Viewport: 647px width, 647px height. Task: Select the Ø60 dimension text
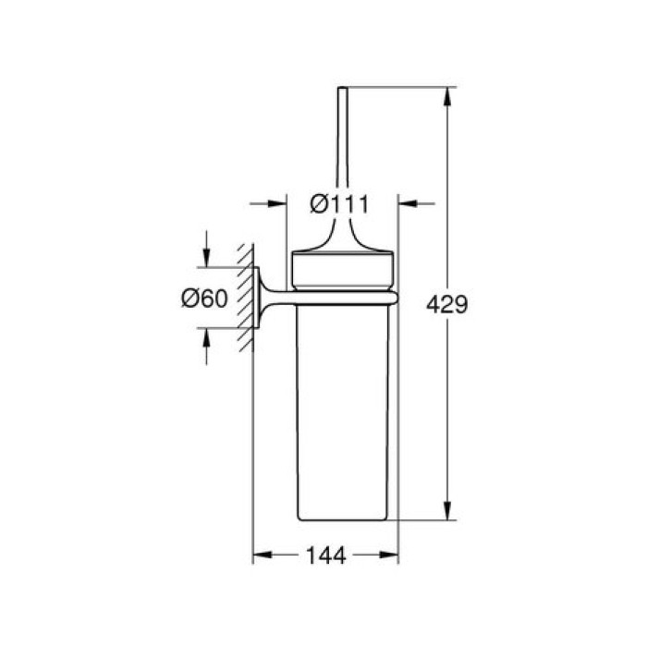(204, 298)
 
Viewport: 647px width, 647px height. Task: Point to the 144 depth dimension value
(325, 555)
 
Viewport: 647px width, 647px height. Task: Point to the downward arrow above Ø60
(206, 261)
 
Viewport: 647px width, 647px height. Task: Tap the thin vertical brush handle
(344, 157)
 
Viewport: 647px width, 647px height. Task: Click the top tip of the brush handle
(344, 90)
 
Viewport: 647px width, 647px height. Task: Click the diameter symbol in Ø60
(188, 298)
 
